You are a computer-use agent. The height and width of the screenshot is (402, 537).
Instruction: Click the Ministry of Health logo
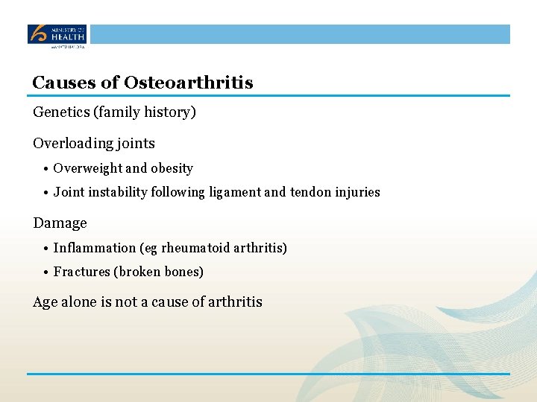pos(57,35)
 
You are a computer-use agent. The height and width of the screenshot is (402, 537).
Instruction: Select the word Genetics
pos(62,112)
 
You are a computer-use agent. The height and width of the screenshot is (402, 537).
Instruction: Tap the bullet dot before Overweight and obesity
pos(46,169)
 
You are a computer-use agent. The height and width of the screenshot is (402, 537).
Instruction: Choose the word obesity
pos(172,168)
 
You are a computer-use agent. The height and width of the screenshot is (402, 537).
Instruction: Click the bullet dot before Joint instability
pos(46,193)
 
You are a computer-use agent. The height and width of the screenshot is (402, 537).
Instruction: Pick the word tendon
pos(310,192)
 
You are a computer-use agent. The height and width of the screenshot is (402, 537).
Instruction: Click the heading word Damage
pos(60,223)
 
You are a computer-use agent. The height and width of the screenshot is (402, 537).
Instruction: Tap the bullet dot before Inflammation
pos(46,249)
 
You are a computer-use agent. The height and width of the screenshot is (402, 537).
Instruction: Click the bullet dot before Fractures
pos(46,272)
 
